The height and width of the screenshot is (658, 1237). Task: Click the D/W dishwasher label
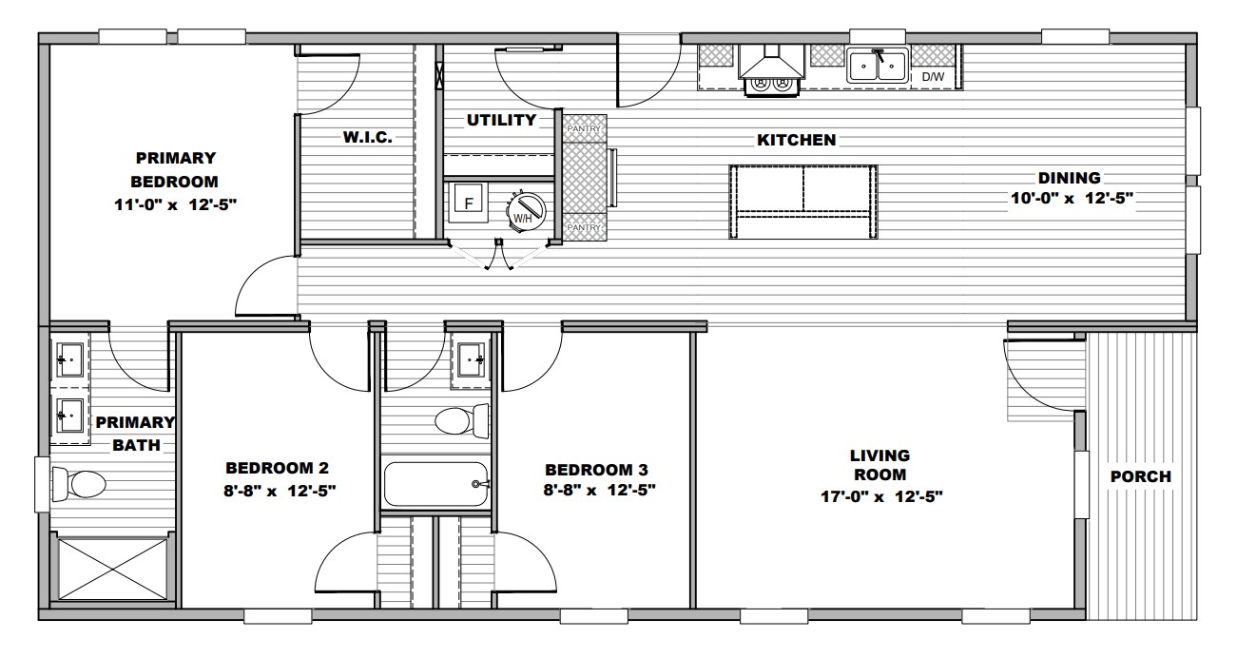[x=933, y=77]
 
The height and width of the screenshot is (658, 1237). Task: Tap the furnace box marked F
[x=469, y=203]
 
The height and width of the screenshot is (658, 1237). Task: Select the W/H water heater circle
[x=526, y=212]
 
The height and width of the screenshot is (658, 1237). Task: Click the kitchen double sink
[x=877, y=66]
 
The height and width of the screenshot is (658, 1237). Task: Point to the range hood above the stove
[x=771, y=61]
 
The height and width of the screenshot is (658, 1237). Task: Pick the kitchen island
[x=802, y=202]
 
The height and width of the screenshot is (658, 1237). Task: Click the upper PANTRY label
[x=584, y=128]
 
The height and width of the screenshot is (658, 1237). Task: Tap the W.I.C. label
[x=368, y=137]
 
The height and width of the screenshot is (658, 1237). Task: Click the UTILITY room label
[x=501, y=120]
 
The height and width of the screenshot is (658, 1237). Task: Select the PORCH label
[x=1141, y=476]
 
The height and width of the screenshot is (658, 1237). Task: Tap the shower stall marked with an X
[x=112, y=569]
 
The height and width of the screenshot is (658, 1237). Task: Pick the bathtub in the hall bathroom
[x=435, y=484]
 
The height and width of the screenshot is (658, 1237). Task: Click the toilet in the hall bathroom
[x=462, y=421]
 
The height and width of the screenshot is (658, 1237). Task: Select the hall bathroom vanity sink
[x=471, y=360]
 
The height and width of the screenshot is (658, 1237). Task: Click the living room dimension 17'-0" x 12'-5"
[x=881, y=496]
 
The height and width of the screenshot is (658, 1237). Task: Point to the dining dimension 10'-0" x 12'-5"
[x=1072, y=198]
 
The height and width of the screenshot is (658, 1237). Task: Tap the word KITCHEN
[x=797, y=140]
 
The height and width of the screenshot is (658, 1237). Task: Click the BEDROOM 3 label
[x=596, y=470]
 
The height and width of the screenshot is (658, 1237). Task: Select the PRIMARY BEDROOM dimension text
[x=176, y=205]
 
